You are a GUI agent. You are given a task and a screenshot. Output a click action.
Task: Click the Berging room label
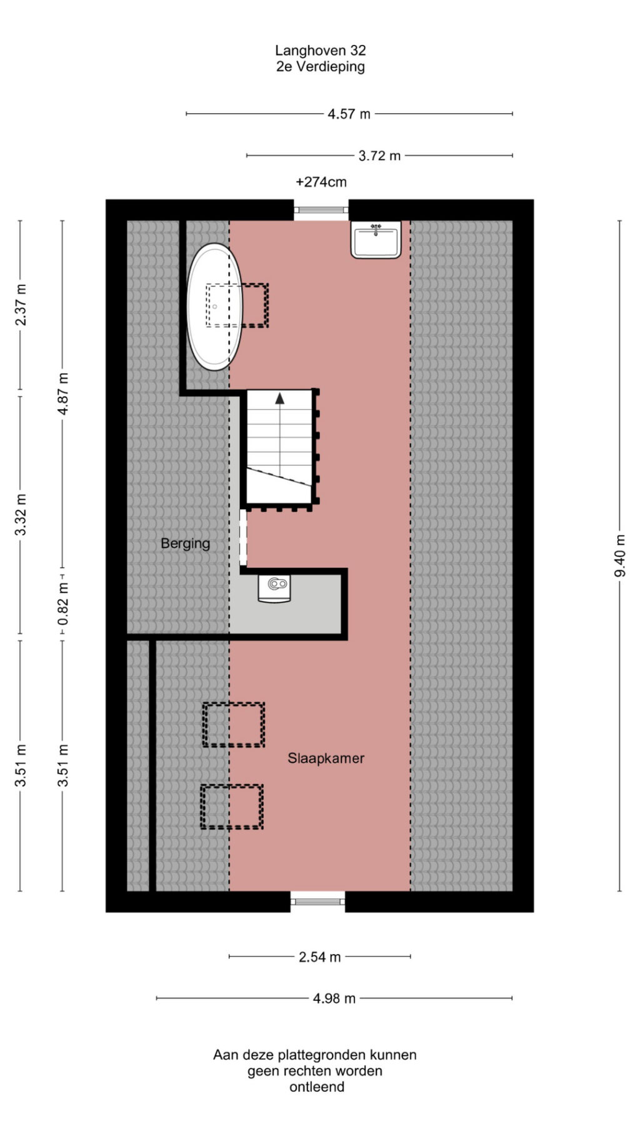click(185, 544)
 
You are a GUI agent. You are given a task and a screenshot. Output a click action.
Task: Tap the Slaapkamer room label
click(326, 758)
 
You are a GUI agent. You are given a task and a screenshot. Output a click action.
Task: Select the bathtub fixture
click(214, 306)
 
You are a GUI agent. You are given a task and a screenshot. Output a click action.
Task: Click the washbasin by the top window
click(376, 240)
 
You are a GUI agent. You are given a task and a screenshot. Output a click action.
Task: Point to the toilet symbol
click(274, 588)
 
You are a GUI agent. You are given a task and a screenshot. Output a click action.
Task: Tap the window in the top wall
click(321, 210)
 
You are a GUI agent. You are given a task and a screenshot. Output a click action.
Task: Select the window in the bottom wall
click(318, 901)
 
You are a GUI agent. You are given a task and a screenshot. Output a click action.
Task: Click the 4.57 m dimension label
click(349, 114)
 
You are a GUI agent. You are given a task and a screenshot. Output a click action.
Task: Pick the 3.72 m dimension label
click(379, 156)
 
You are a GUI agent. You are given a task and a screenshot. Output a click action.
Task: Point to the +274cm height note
click(321, 182)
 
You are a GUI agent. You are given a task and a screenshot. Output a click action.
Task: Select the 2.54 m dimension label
click(320, 957)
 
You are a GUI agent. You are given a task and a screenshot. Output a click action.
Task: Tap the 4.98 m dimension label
click(334, 998)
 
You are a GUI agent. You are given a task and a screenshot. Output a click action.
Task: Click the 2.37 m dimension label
click(21, 304)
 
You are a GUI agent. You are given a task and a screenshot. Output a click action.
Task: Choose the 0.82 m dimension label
click(62, 603)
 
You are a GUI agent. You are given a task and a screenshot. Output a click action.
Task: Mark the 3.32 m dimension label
click(21, 514)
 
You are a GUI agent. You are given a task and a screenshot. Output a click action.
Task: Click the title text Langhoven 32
click(321, 51)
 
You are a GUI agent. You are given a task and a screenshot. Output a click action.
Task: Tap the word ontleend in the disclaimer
click(317, 1087)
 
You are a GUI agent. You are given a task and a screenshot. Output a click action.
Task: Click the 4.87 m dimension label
click(62, 394)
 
